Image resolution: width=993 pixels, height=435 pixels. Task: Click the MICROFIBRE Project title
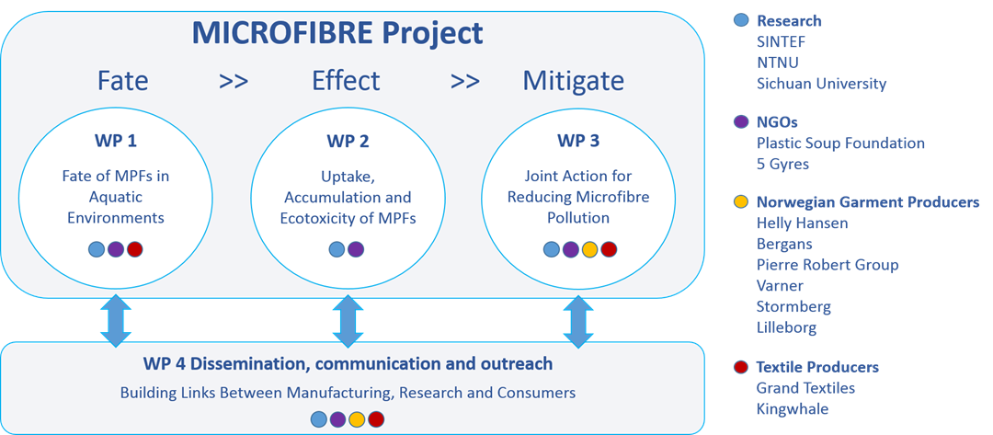coord(337,33)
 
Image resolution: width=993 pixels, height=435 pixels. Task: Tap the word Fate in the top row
coord(123,81)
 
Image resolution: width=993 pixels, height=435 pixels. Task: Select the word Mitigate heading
coord(573,81)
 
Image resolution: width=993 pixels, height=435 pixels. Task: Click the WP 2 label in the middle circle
coord(347,141)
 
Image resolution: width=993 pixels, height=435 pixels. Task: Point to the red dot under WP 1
coord(135,249)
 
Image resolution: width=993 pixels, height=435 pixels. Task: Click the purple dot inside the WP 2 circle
coord(356,249)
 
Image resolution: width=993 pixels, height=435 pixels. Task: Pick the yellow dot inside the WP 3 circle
coord(589,249)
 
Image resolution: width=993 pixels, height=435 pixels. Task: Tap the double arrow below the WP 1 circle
coord(116,320)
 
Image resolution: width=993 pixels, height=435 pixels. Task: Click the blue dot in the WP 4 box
coord(318,418)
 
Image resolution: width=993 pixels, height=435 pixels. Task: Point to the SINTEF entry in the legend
coord(782,41)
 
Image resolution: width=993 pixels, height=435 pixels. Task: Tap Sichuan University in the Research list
coord(821,84)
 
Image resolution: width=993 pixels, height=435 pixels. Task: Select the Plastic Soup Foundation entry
coord(840,143)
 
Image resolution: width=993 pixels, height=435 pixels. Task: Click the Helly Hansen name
coord(802,223)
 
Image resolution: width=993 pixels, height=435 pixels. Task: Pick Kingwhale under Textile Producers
coord(793,409)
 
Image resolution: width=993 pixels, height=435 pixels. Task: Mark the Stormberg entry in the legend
coord(793,307)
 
